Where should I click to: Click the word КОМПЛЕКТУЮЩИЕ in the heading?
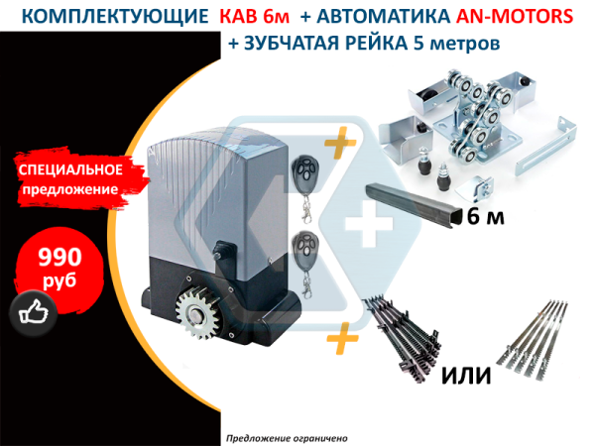tap(115, 16)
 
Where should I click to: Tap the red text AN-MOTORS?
tap(515, 16)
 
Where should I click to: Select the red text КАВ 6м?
tap(255, 16)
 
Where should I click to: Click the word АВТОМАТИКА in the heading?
tap(384, 16)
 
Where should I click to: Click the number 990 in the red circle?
tap(59, 257)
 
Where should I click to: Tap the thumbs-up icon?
tap(34, 313)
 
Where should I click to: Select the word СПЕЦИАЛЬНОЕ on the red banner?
tap(70, 169)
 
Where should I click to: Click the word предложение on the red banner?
tap(70, 189)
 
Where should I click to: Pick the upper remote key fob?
tap(304, 188)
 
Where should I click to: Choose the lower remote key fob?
tap(305, 263)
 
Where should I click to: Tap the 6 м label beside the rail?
tap(485, 217)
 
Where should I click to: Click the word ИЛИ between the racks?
tap(466, 375)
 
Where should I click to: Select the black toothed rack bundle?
tap(401, 339)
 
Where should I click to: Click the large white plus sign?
tap(369, 223)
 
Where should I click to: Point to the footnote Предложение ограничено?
tap(287, 439)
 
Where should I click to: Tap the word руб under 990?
tap(59, 281)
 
